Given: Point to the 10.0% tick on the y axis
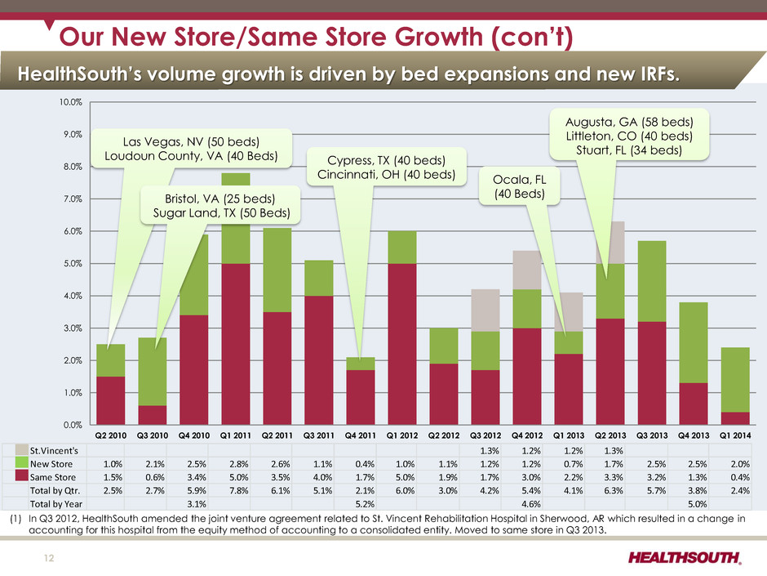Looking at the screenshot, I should click(71, 102).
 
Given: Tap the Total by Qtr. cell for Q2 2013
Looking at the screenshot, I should click(610, 491).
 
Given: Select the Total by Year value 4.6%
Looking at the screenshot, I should click(526, 505).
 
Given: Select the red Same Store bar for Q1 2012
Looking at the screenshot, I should click(401, 343).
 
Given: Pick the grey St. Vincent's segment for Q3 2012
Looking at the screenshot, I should click(485, 310).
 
